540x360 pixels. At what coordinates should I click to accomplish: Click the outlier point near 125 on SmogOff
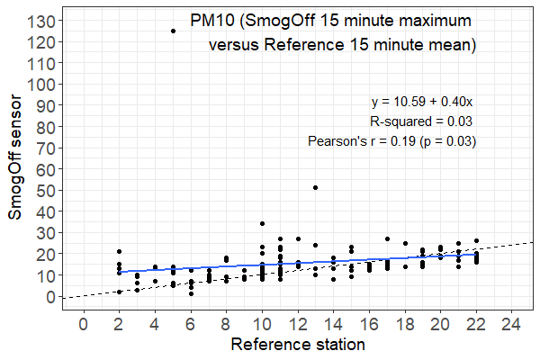[173, 31]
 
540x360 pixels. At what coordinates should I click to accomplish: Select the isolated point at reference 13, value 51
[315, 187]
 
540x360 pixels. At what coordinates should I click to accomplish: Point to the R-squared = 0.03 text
[422, 121]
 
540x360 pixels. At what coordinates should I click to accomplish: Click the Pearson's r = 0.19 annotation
[391, 141]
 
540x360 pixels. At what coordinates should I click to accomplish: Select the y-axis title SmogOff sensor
[15, 174]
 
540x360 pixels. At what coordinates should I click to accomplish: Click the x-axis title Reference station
[297, 346]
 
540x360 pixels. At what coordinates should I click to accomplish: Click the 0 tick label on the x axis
[84, 323]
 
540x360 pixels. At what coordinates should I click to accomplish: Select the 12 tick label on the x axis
[297, 323]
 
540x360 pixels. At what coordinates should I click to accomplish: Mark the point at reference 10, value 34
[262, 224]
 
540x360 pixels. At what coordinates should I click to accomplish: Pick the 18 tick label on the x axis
[404, 323]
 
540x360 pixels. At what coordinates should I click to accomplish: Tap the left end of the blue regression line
[120, 271]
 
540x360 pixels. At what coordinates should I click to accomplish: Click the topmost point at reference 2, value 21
[119, 252]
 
